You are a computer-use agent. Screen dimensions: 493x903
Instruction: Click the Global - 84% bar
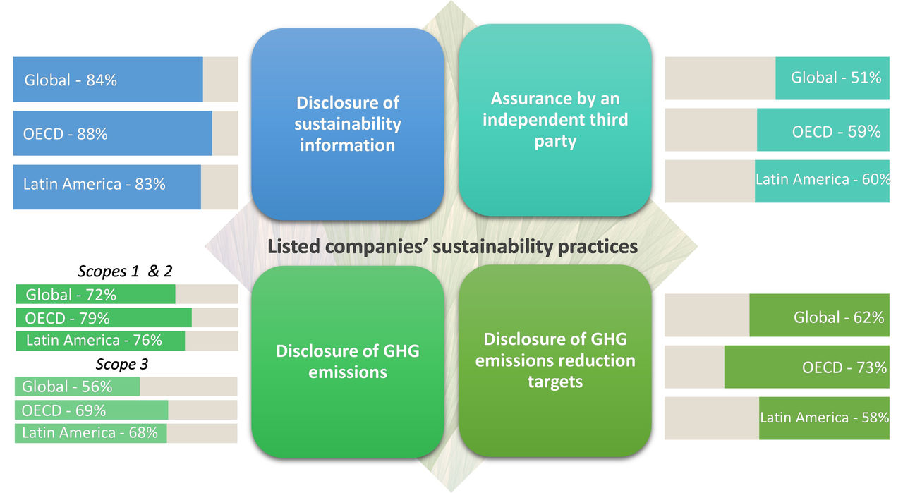pos(108,80)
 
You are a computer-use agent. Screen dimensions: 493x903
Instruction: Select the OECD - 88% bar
pos(113,133)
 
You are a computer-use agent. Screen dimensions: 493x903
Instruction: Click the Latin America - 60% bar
pos(822,181)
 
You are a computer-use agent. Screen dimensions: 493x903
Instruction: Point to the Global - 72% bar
pos(96,294)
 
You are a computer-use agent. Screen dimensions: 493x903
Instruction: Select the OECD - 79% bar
pos(104,317)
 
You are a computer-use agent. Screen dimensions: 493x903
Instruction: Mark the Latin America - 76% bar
pos(100,340)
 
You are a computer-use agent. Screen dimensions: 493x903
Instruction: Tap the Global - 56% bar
pos(78,387)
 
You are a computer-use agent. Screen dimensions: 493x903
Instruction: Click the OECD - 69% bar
pos(92,410)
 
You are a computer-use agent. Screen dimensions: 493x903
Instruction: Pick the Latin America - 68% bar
pos(90,432)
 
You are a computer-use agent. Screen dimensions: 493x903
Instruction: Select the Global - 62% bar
pos(819,317)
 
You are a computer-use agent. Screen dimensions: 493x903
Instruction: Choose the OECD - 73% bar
pos(806,367)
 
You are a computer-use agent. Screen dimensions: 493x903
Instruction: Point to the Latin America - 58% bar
pos(824,418)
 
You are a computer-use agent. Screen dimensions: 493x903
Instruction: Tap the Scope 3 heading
pos(121,365)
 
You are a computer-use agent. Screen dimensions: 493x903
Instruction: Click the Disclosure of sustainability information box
pos(348,123)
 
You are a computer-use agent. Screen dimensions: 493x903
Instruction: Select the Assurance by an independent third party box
pos(554,120)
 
